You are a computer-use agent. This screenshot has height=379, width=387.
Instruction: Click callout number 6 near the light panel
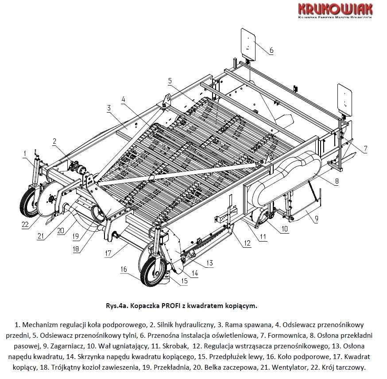271,50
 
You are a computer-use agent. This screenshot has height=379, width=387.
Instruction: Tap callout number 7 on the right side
365,149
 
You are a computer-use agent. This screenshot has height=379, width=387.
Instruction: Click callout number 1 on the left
26,154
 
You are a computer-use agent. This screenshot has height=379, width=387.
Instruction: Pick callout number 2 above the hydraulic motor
54,142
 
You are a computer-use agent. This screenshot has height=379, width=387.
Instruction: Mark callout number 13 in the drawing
209,263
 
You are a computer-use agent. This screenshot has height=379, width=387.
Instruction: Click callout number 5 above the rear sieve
170,80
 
